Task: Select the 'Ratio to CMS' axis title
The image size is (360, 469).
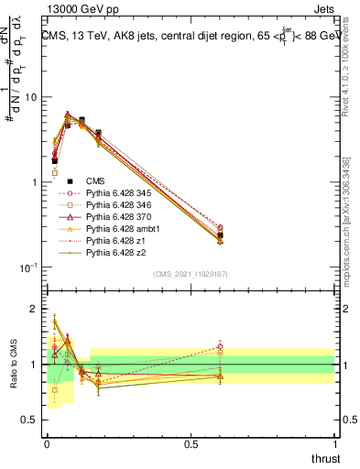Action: pyautogui.click(x=14, y=364)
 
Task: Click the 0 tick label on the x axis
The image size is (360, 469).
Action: pyautogui.click(x=48, y=443)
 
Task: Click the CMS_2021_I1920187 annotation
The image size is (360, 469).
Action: pyautogui.click(x=191, y=274)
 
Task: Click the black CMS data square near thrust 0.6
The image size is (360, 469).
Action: pyautogui.click(x=221, y=235)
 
